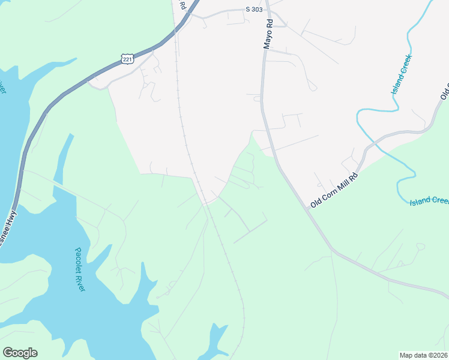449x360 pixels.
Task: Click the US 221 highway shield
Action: pyautogui.click(x=127, y=58)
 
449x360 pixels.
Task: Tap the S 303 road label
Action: pyautogui.click(x=254, y=10)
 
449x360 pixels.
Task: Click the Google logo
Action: pyautogui.click(x=20, y=353)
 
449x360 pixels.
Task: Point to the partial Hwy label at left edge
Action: pyautogui.click(x=8, y=226)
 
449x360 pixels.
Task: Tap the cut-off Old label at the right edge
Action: pyautogui.click(x=445, y=94)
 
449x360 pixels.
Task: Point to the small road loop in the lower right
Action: pyautogui.click(x=420, y=246)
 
